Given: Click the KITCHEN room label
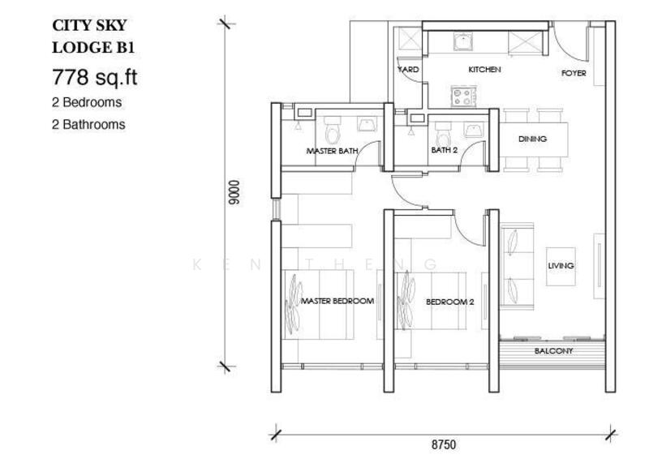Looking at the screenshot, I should point(484,71).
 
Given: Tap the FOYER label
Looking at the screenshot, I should point(574,74).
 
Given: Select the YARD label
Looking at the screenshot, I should point(408,71).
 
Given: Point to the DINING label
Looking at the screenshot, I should point(532,139).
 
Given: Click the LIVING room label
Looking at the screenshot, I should point(561,266).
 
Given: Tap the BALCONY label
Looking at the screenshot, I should point(553,351).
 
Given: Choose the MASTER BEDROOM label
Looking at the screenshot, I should point(337,302).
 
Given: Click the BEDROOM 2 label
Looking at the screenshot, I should point(449,302).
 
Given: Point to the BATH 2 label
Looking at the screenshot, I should point(444,150).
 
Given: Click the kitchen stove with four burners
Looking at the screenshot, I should point(464,97).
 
